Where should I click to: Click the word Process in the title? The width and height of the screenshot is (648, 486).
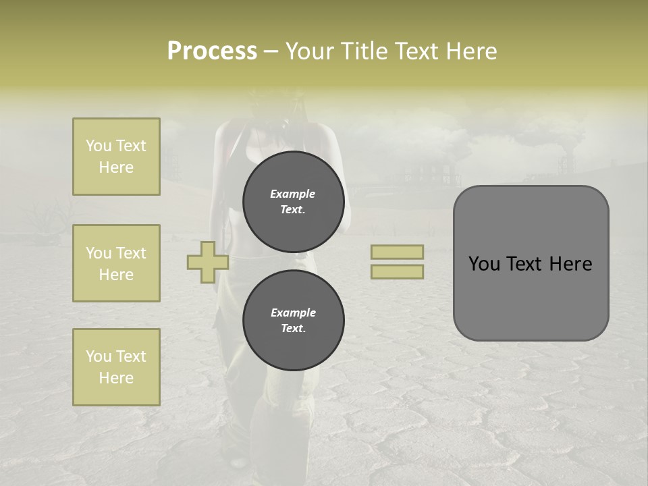pos(212,51)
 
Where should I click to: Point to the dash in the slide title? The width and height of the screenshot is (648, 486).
pos(271,52)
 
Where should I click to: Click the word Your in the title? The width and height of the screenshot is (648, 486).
pos(312,51)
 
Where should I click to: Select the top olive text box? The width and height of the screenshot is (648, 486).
pos(116,157)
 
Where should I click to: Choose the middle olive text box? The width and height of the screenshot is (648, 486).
pos(116,263)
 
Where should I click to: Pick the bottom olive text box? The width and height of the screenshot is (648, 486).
pos(116,367)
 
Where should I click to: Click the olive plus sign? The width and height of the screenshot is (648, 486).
pos(207,262)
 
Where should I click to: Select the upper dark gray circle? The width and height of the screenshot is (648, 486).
pos(293,201)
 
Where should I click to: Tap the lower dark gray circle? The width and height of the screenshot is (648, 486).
pos(293,320)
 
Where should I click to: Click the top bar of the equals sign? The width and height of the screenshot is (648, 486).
pos(397,252)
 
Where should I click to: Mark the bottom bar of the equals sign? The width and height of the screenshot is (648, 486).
pos(397,271)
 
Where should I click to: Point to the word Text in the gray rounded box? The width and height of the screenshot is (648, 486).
pos(524,264)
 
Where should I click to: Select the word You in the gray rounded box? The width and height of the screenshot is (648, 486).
pos(484,264)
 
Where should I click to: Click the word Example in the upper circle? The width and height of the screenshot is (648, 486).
pos(293,194)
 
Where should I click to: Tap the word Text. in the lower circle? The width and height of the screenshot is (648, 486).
pos(293,328)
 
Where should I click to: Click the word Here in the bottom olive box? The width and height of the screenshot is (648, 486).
pos(116,378)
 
